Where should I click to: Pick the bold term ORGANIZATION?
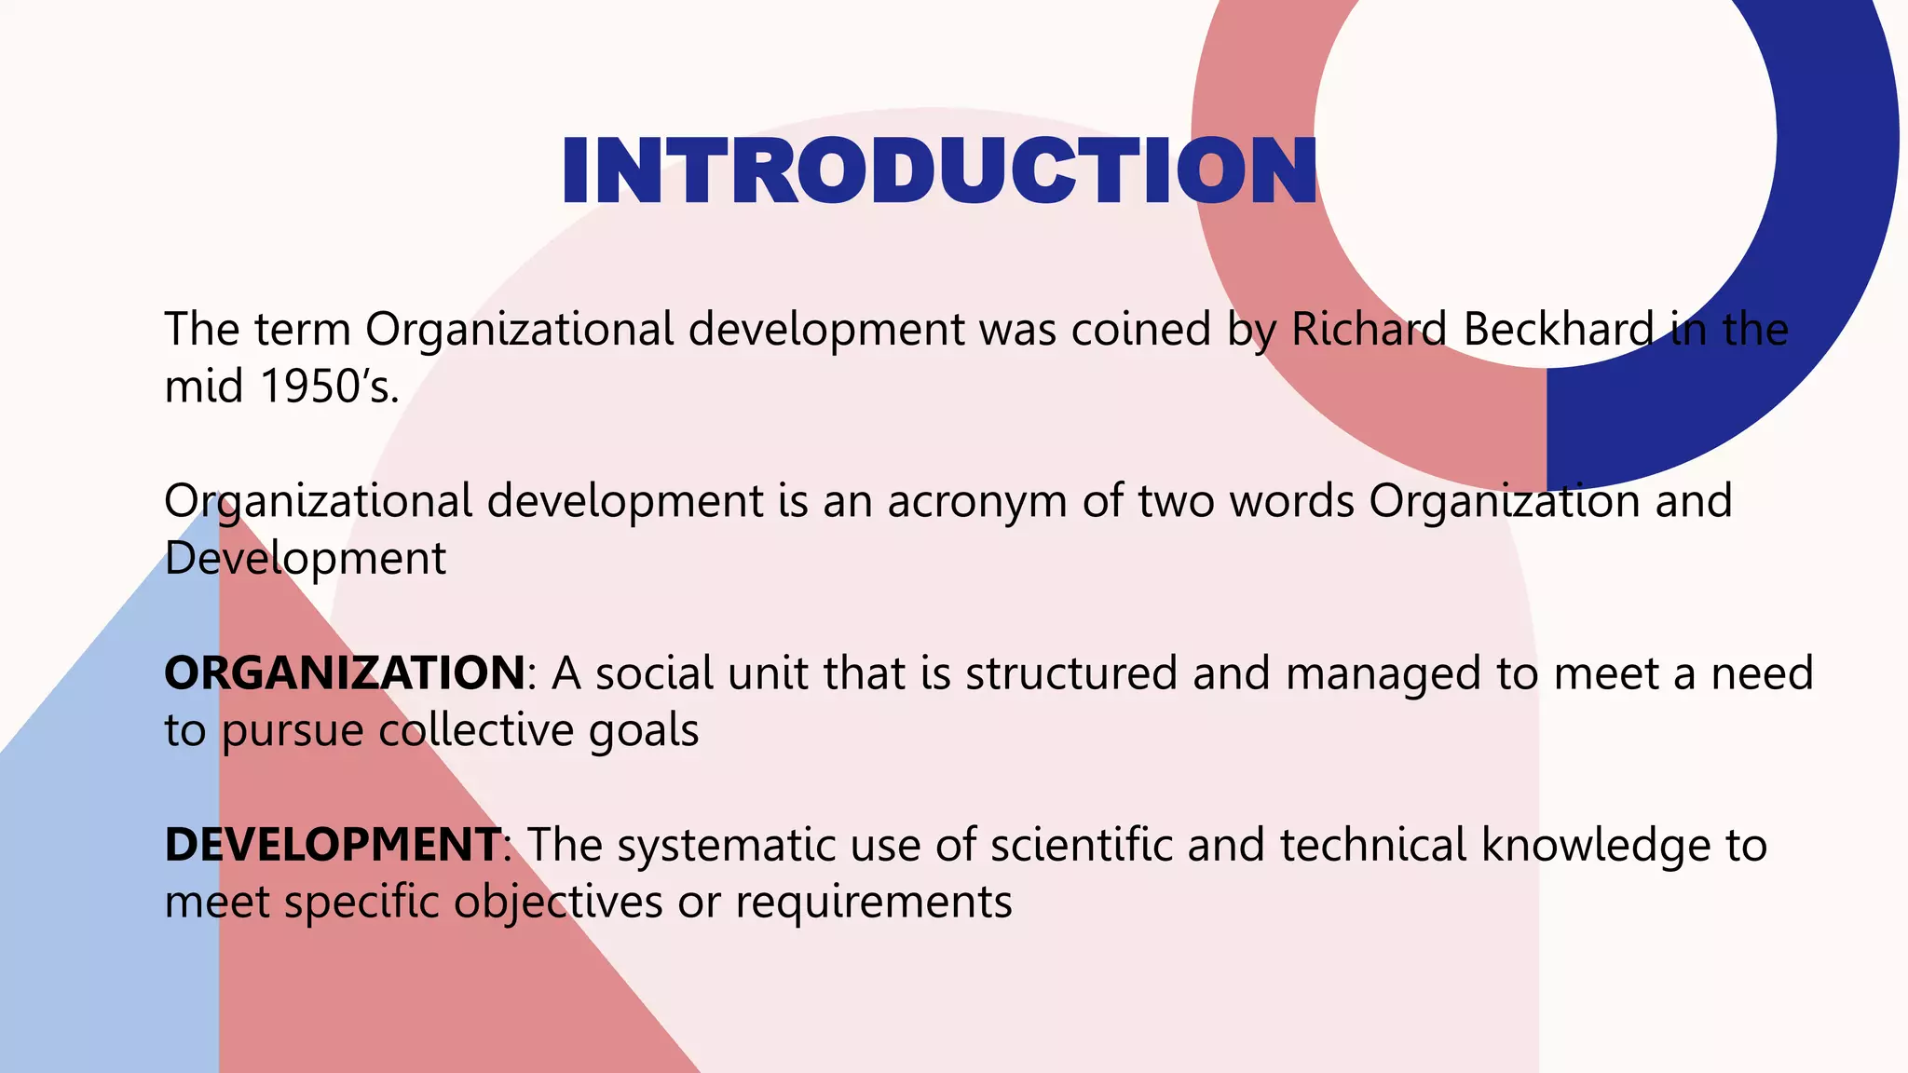click(x=345, y=672)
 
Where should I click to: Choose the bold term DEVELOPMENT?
click(x=333, y=845)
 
